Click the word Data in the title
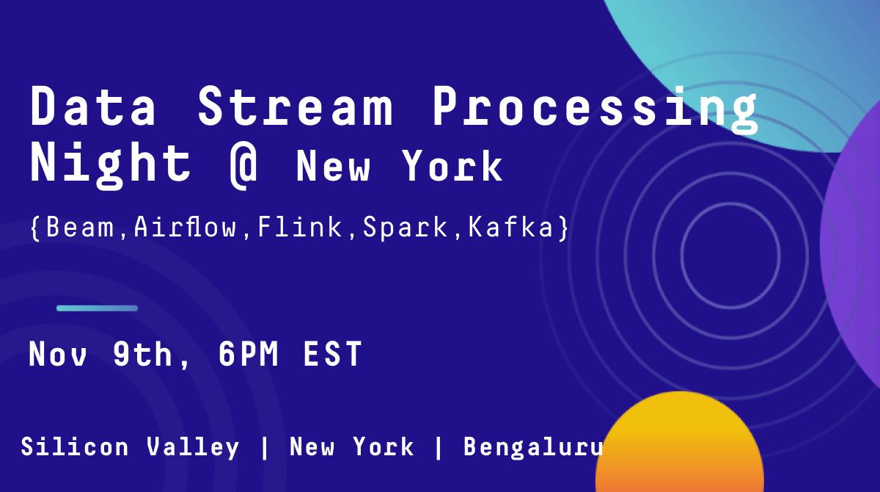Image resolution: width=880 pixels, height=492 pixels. [x=93, y=106]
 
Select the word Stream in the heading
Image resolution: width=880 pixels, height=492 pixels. [x=295, y=106]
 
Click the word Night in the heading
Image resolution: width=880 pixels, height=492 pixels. [x=111, y=165]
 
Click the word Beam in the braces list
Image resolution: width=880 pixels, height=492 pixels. [x=80, y=227]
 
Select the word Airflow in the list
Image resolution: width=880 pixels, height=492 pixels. [x=185, y=227]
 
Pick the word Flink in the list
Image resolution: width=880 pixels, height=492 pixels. [x=299, y=227]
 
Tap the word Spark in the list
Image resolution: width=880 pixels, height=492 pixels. [x=405, y=228]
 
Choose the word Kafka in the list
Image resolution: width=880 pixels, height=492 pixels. [x=510, y=227]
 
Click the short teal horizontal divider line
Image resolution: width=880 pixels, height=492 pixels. [x=97, y=308]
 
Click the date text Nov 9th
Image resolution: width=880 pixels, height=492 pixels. [x=100, y=353]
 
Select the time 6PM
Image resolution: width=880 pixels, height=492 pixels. [x=249, y=353]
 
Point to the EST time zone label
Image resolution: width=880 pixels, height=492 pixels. [x=332, y=353]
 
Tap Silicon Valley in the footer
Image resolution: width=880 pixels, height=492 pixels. [x=130, y=447]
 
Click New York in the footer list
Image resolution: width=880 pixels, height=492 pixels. [x=351, y=446]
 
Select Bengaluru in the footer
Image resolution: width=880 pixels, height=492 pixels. [x=533, y=448]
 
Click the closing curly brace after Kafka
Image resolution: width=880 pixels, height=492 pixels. [x=564, y=228]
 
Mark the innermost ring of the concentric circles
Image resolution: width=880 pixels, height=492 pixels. [x=681, y=256]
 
